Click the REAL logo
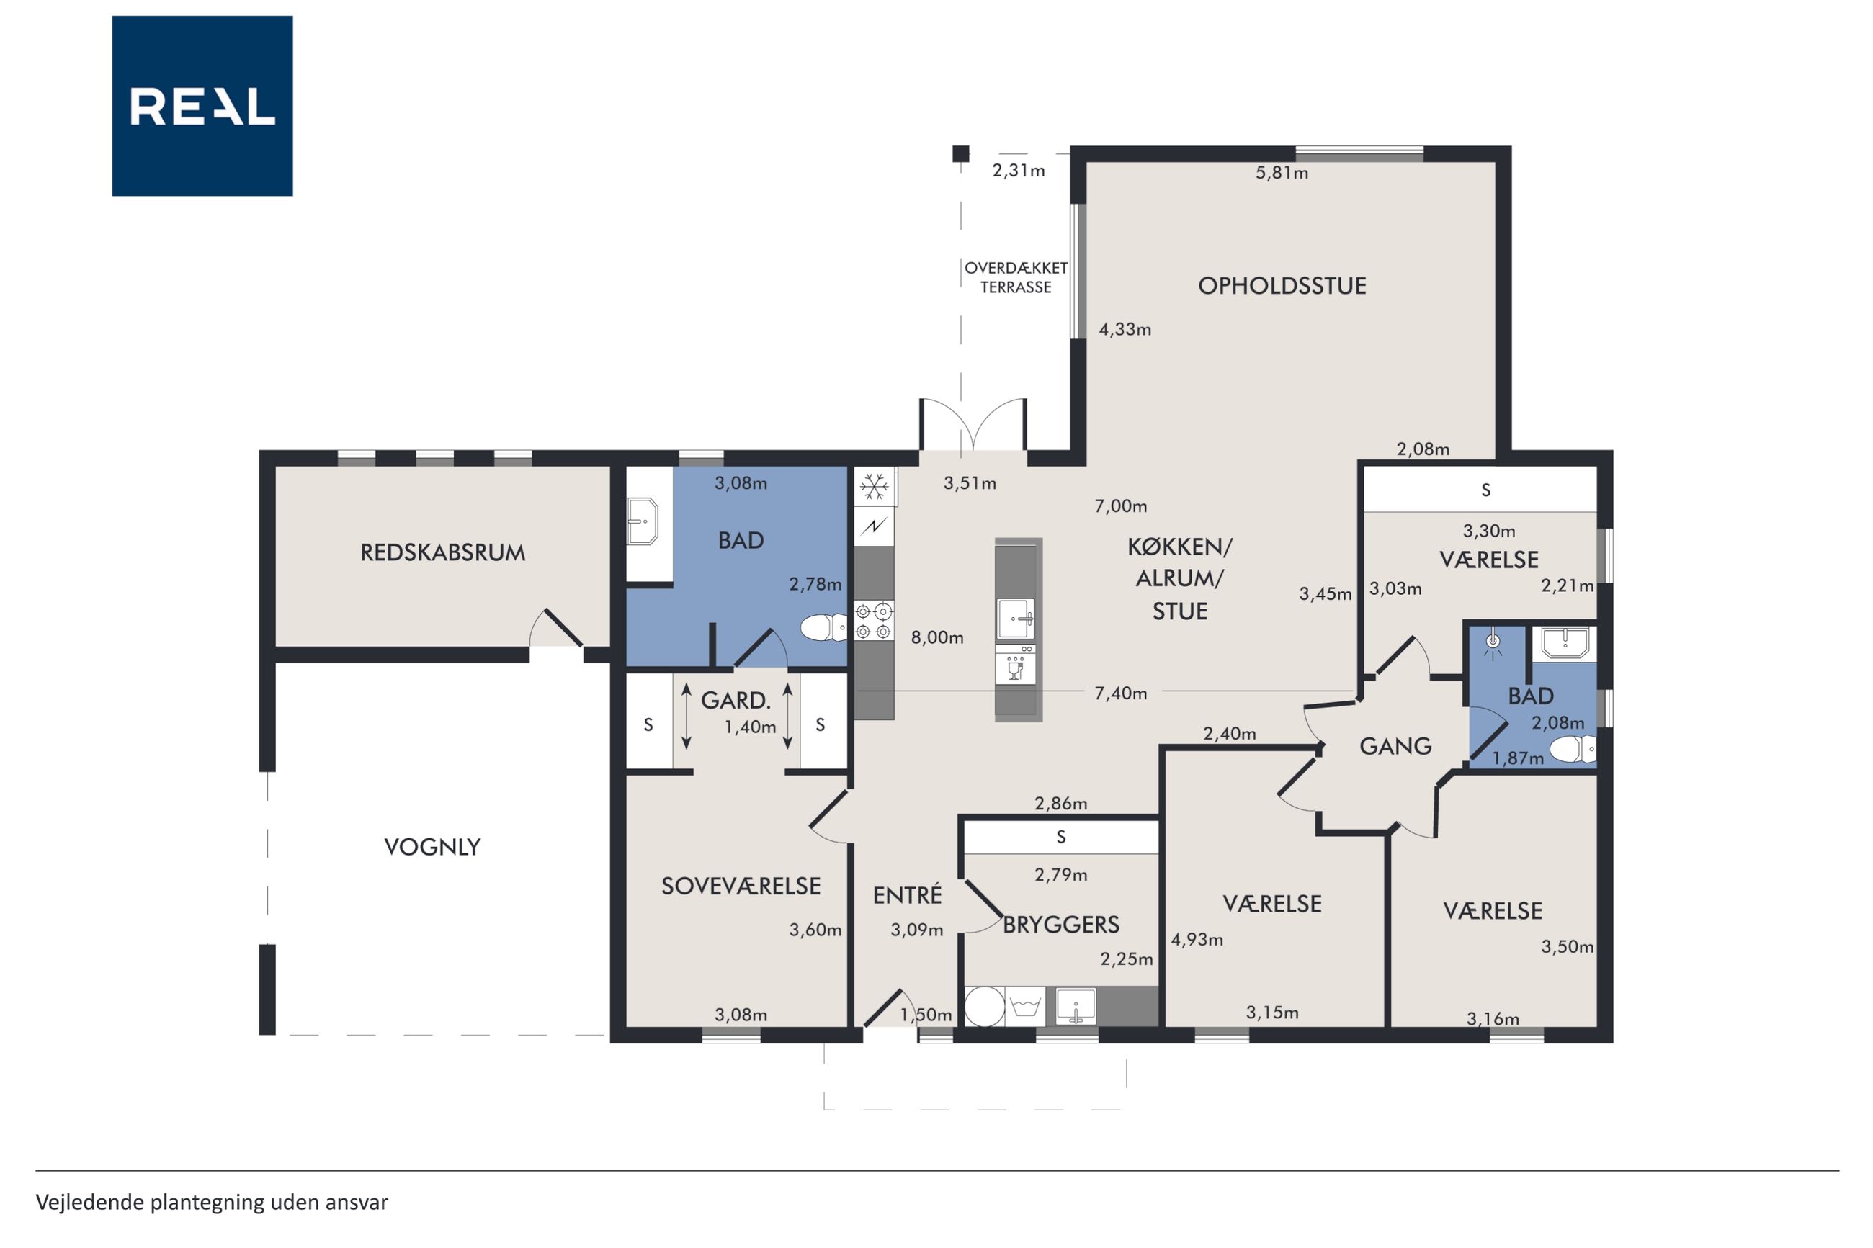click(202, 106)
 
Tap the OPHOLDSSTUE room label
click(1282, 286)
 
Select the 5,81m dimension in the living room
click(1282, 173)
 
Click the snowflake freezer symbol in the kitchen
click(874, 486)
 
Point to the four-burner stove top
click(873, 621)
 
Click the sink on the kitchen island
click(1016, 619)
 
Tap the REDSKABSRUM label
click(442, 552)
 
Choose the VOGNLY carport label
click(432, 847)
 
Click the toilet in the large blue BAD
click(824, 628)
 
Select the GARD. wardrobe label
click(736, 701)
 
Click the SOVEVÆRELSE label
click(741, 886)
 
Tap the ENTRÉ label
click(907, 895)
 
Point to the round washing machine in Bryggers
click(985, 1007)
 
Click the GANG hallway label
click(1395, 747)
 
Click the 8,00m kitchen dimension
click(937, 637)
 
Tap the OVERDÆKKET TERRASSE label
click(1016, 278)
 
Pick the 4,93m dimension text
click(1197, 940)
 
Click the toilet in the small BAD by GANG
click(1573, 749)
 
